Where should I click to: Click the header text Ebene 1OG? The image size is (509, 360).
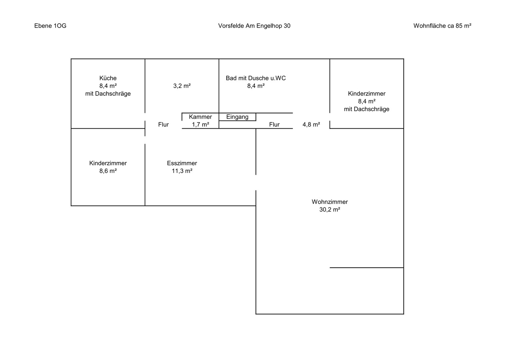tap(50, 26)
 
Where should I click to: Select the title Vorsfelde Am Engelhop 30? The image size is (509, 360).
tap(254, 26)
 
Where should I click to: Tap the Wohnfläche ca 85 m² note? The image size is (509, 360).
tap(442, 26)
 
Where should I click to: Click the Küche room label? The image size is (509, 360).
tap(108, 78)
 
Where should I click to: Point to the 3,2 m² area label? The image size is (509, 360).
tap(182, 86)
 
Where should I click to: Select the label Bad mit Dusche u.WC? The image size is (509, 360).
tap(255, 78)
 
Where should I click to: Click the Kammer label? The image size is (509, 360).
tap(201, 117)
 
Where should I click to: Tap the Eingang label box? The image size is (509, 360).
tap(238, 117)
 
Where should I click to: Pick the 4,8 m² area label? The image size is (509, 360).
tap(311, 124)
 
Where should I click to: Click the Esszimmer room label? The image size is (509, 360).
tap(182, 163)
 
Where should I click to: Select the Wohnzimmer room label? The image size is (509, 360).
tap(330, 202)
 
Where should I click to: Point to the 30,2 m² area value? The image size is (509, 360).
tap(330, 209)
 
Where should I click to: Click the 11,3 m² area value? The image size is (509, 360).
tap(182, 171)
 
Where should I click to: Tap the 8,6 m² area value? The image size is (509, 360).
tap(108, 171)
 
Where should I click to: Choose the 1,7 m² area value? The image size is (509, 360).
tap(201, 124)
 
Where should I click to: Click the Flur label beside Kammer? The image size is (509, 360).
tap(163, 124)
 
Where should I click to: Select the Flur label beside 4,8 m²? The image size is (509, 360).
tap(274, 124)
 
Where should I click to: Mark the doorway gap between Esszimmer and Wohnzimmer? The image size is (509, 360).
tap(256, 183)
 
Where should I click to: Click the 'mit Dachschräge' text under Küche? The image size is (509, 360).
tap(108, 93)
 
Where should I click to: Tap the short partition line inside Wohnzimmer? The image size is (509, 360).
tap(367, 268)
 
